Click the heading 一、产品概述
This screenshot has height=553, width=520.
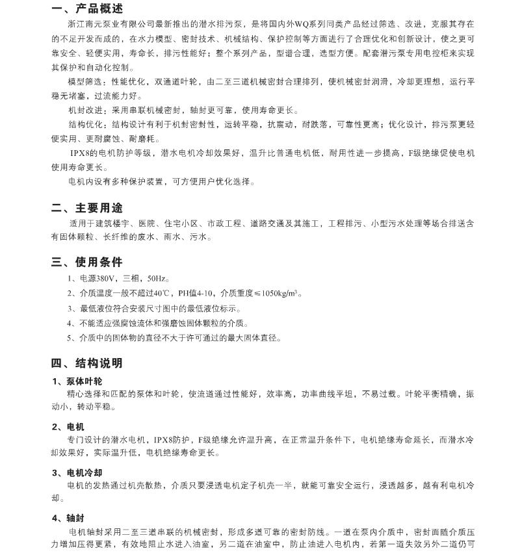pyautogui.click(x=86, y=8)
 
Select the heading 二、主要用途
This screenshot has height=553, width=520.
pyautogui.click(x=86, y=208)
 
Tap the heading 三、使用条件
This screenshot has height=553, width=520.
pyautogui.click(x=86, y=262)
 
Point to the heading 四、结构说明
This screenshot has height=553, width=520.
pyautogui.click(x=86, y=363)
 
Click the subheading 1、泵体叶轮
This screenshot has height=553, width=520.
pyautogui.click(x=77, y=381)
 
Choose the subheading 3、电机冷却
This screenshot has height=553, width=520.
pyautogui.click(x=77, y=472)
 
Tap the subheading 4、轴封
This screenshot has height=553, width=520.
pyautogui.click(x=68, y=518)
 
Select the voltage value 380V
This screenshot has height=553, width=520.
pyautogui.click(x=103, y=279)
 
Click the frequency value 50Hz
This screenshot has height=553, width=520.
pyautogui.click(x=159, y=279)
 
